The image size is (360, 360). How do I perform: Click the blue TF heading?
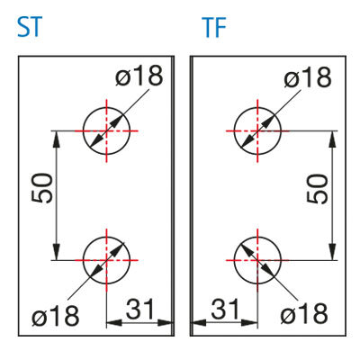click(x=214, y=27)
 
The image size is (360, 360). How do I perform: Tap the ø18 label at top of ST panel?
click(x=139, y=76)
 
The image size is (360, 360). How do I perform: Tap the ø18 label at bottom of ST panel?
click(x=56, y=316)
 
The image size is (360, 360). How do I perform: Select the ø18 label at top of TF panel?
click(x=308, y=77)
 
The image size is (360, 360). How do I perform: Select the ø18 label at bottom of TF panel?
click(x=304, y=314)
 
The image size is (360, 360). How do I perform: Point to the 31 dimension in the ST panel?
click(x=139, y=309)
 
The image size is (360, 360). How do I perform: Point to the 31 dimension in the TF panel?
click(x=225, y=309)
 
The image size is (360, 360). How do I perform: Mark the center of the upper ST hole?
click(x=106, y=130)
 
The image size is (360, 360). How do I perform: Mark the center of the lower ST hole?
click(x=106, y=260)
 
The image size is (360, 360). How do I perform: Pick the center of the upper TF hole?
click(x=257, y=130)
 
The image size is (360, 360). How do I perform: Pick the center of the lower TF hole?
click(x=257, y=260)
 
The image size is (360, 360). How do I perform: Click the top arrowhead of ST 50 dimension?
click(x=57, y=139)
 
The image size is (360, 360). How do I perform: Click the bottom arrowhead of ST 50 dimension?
click(x=57, y=251)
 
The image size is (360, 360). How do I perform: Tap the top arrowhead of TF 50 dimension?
click(x=332, y=139)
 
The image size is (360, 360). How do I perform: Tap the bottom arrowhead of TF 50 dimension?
click(x=332, y=251)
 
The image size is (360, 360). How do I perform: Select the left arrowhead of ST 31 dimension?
click(x=114, y=323)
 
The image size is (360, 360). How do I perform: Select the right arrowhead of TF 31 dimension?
click(x=249, y=323)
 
